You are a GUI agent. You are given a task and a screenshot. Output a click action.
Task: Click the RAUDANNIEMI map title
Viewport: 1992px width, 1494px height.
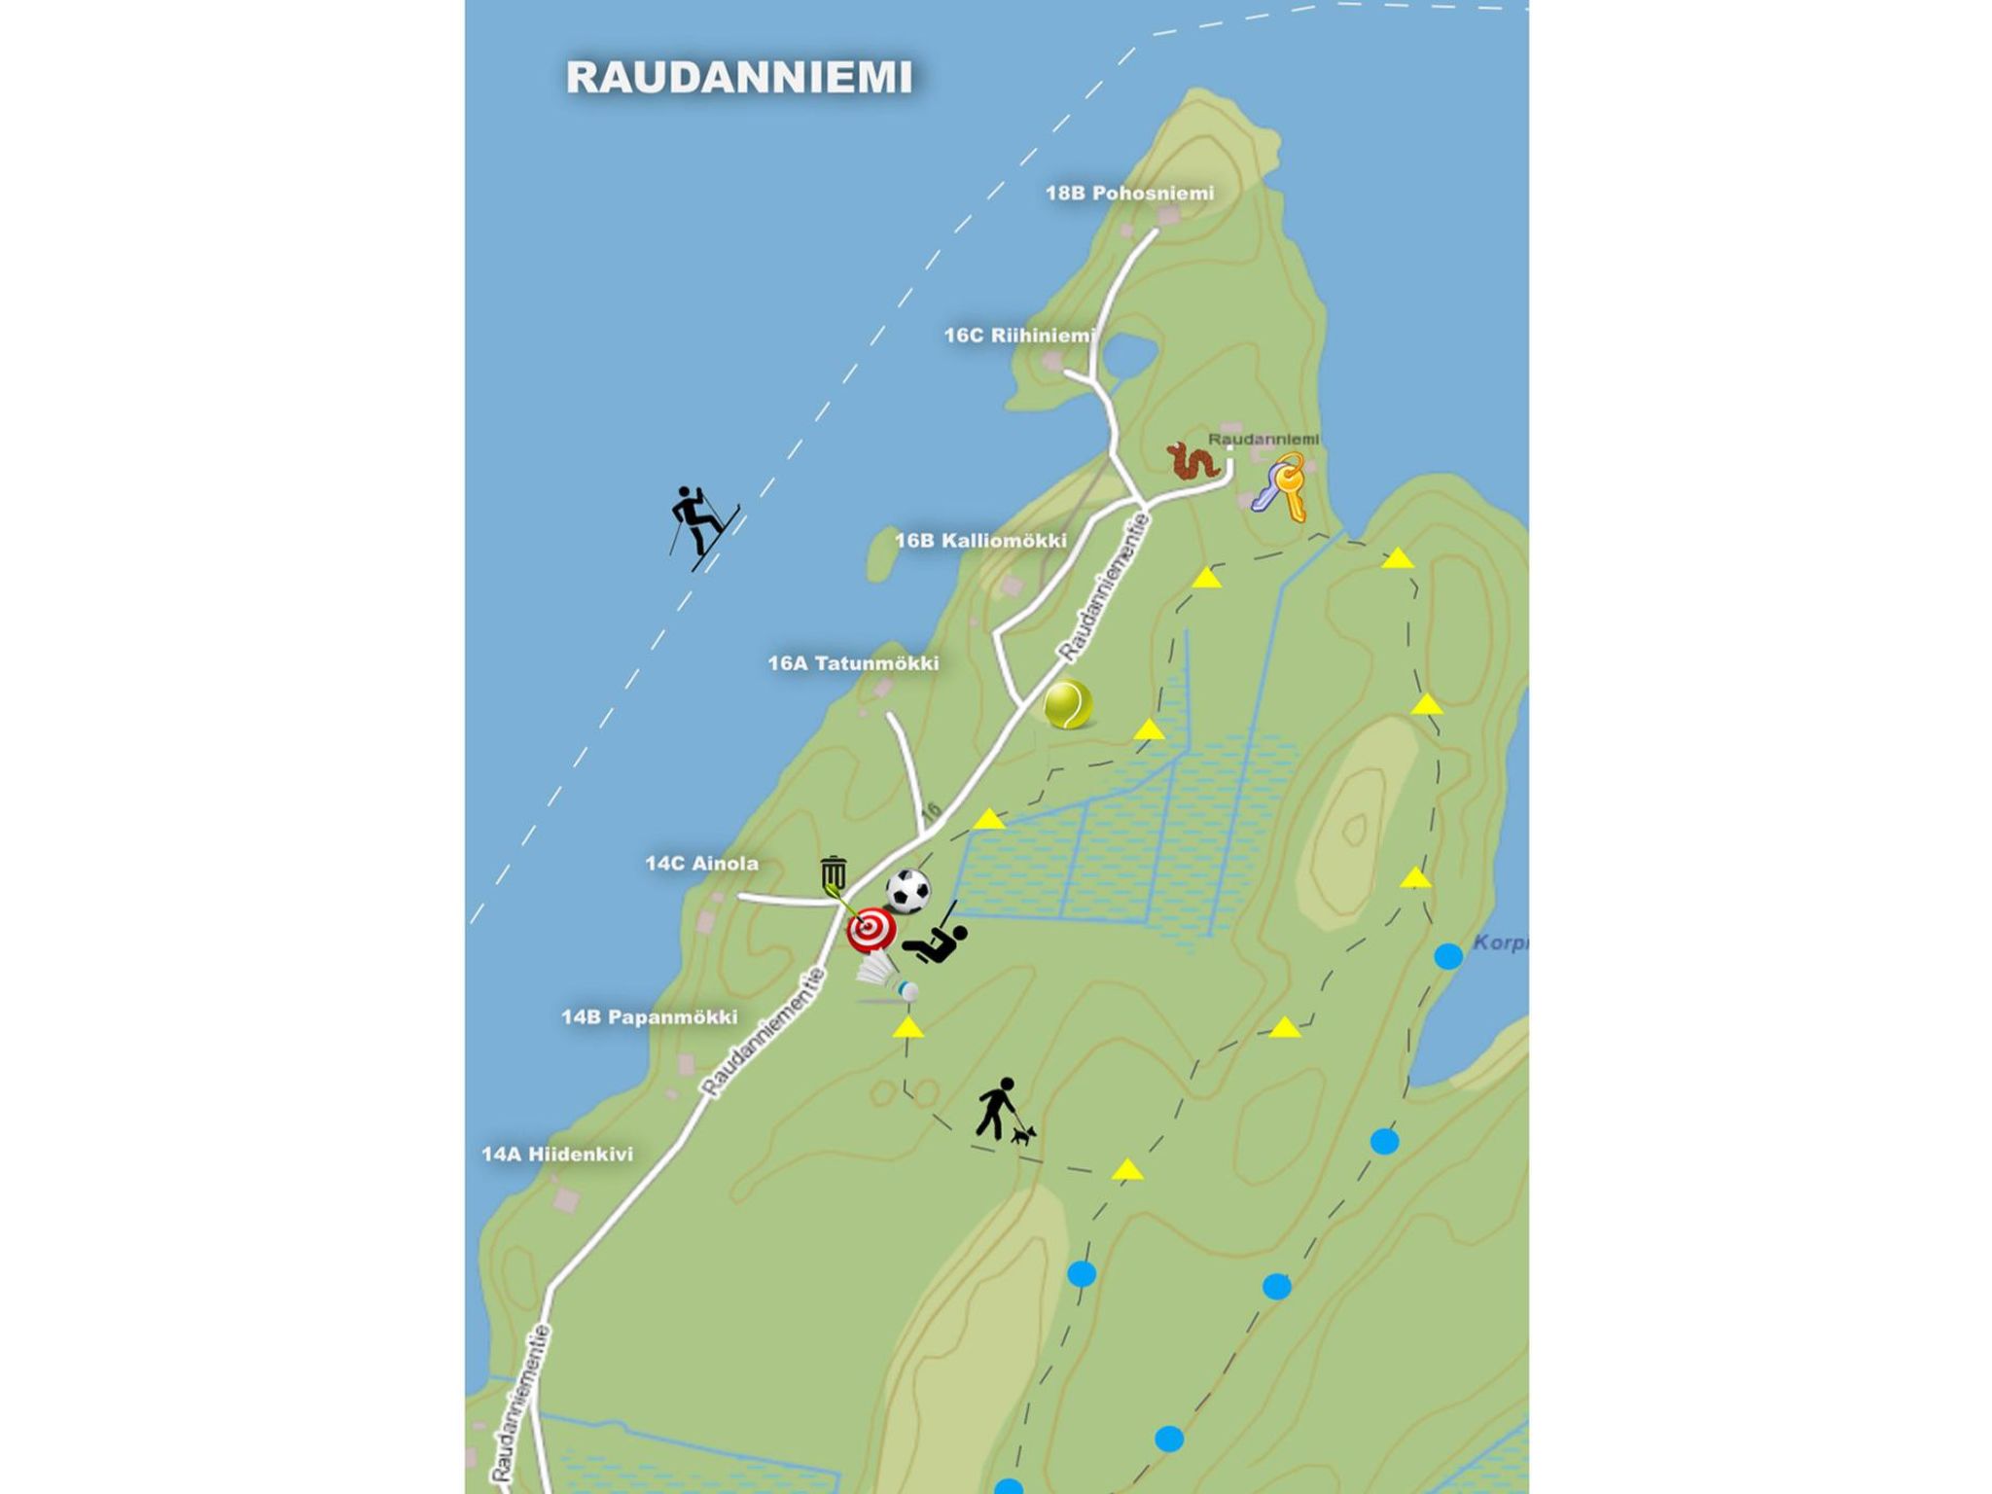[739, 78]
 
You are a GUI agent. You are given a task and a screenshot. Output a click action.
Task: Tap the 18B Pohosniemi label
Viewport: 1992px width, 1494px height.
[1129, 193]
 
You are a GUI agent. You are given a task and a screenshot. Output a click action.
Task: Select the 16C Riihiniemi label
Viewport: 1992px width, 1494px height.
[1019, 336]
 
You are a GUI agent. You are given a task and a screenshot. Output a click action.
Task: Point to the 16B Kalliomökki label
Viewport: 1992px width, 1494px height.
[980, 540]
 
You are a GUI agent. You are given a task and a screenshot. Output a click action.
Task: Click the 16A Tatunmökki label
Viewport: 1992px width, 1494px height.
[853, 663]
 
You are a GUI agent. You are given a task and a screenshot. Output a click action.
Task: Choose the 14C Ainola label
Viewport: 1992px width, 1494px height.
[701, 863]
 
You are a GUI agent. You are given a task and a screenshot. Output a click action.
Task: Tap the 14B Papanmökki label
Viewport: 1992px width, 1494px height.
[649, 1017]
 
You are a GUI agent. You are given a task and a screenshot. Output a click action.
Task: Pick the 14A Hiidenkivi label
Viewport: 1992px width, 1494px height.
[557, 1155]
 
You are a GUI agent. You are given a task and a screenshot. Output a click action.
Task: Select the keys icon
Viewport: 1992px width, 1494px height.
[1280, 486]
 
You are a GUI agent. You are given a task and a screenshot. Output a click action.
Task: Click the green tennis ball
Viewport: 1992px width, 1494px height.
[1067, 703]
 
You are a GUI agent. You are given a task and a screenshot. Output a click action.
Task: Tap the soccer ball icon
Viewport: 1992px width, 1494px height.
[907, 890]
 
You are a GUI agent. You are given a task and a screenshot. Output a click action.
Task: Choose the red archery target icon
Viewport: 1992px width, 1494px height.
[871, 930]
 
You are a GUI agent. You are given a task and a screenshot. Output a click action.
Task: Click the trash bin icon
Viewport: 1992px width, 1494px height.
[833, 873]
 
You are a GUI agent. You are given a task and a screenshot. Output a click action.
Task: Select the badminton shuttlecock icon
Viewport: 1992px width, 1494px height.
[886, 977]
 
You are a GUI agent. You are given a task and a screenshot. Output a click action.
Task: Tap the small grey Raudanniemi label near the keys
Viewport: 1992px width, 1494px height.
[1263, 440]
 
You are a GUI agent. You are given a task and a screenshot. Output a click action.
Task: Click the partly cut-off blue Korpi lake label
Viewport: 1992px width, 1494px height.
[1499, 943]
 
